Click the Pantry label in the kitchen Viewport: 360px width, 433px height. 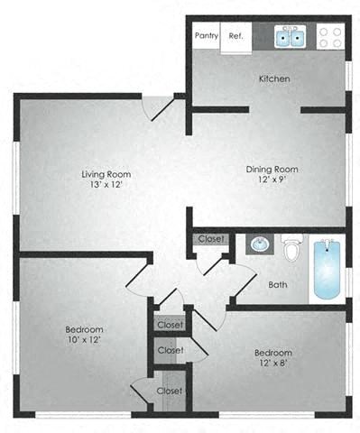coord(208,36)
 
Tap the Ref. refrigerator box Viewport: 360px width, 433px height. coord(236,36)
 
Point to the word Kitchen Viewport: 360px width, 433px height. coord(274,79)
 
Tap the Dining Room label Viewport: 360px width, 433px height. coord(272,169)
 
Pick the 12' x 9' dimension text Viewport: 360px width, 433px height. coord(272,180)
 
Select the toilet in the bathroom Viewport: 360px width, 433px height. coord(291,246)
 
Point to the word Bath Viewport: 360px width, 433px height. coord(278,285)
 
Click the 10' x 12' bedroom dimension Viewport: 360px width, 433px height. coord(83,342)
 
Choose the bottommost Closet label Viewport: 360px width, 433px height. coord(170,391)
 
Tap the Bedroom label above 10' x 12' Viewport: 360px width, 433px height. coord(83,329)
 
